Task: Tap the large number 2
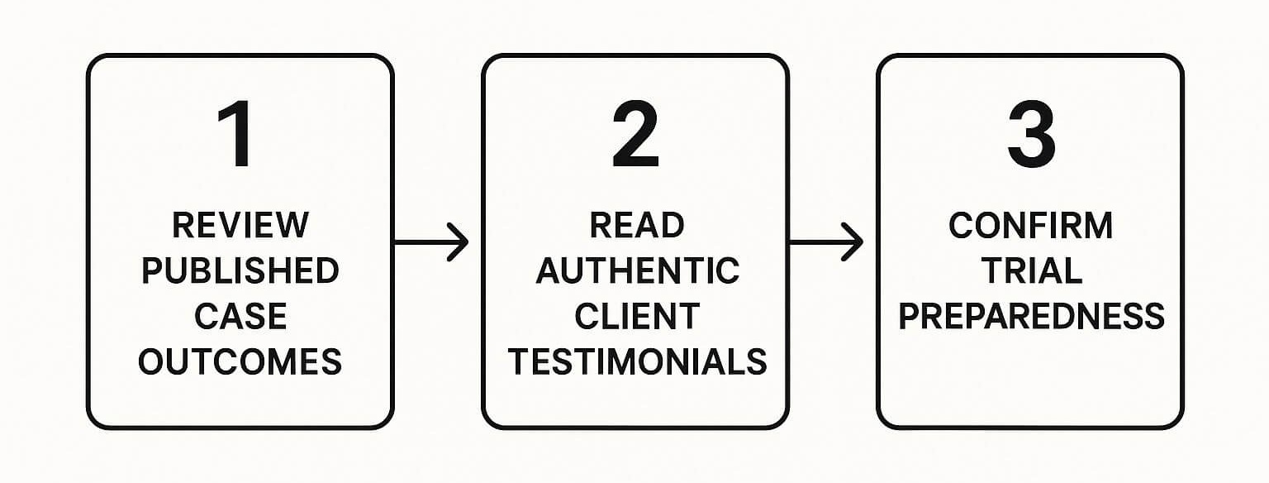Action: click(x=634, y=136)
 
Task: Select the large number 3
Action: click(x=1030, y=136)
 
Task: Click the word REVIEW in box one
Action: click(x=240, y=226)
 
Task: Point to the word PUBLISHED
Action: click(x=240, y=271)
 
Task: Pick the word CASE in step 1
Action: click(x=240, y=317)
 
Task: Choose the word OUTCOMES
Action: click(x=240, y=362)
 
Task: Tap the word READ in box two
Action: click(x=636, y=226)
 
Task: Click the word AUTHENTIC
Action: click(x=636, y=271)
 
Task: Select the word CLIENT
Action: click(x=636, y=317)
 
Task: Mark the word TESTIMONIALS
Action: click(x=636, y=362)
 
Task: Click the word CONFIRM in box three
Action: click(x=1030, y=226)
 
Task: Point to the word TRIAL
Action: click(x=1030, y=271)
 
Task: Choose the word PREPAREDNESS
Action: click(x=1031, y=317)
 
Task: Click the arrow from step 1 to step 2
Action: click(x=430, y=242)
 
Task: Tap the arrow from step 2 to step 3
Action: click(x=825, y=242)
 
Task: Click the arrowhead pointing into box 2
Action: click(x=459, y=242)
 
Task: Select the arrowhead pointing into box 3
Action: click(x=854, y=242)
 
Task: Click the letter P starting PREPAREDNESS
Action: click(x=910, y=317)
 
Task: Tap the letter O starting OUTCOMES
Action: click(x=151, y=362)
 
